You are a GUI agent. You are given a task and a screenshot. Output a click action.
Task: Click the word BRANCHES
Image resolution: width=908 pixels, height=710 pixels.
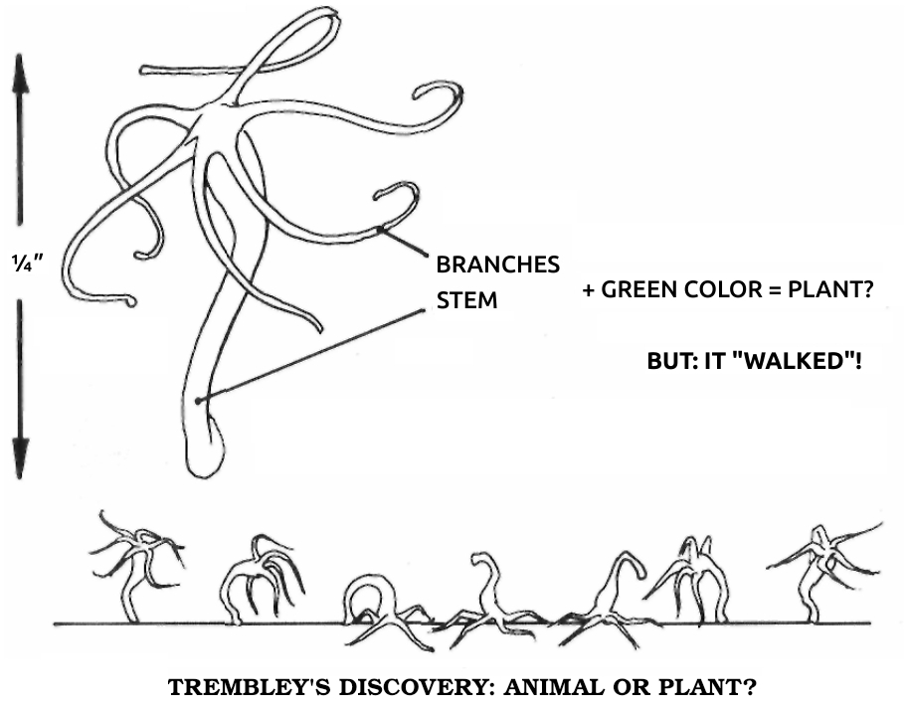(x=497, y=265)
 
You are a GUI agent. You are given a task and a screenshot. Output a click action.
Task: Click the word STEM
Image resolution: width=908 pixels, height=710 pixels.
(x=466, y=300)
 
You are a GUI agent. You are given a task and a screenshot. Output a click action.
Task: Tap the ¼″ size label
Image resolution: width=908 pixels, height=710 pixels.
(x=27, y=264)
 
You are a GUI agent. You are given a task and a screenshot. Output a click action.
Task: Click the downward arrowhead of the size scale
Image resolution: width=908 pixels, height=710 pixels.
(x=20, y=457)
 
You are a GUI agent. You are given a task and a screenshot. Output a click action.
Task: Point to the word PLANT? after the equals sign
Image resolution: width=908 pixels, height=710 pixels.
(x=830, y=289)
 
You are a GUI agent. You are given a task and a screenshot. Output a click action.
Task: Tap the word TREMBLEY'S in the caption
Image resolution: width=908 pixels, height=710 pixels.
(x=250, y=687)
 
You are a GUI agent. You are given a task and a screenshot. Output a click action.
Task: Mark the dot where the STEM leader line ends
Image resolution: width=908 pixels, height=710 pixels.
(x=198, y=401)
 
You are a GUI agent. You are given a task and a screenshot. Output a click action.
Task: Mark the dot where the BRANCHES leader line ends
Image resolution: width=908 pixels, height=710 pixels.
(x=380, y=230)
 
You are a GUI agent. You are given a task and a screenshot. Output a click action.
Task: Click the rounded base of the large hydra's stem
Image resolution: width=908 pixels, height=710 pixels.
(x=205, y=452)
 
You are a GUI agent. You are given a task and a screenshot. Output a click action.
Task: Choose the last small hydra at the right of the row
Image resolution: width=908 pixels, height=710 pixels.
(x=824, y=572)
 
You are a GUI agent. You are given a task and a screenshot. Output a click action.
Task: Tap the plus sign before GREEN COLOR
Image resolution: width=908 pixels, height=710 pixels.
(x=589, y=289)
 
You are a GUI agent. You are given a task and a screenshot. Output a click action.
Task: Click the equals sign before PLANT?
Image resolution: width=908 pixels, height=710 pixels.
(x=776, y=289)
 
